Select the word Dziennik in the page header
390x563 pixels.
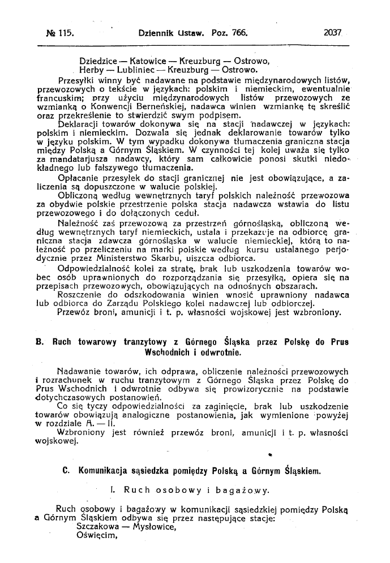(158, 34)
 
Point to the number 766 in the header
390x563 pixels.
(240, 34)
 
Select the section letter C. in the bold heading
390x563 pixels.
(66, 470)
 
